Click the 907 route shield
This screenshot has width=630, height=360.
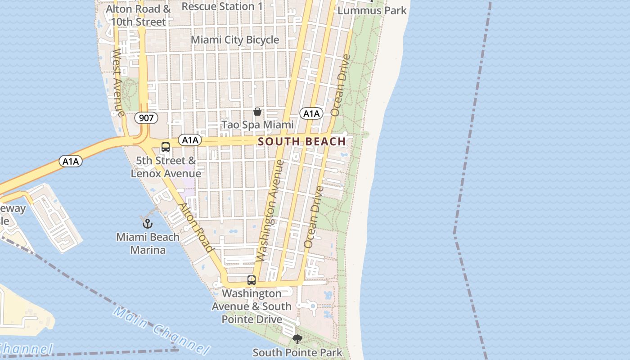click(x=146, y=118)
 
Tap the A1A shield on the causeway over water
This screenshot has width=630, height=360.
click(x=71, y=161)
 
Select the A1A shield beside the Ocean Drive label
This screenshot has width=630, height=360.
click(x=311, y=113)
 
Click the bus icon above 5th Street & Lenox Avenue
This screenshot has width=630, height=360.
click(x=166, y=147)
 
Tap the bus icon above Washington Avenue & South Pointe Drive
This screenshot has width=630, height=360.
click(x=252, y=280)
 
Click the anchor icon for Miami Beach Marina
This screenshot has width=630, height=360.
click(x=147, y=223)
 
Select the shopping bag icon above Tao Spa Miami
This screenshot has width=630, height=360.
click(x=257, y=111)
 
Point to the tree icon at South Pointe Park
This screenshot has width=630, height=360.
click(x=297, y=339)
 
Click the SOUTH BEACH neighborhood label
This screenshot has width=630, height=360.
click(x=302, y=142)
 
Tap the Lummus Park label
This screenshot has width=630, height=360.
click(x=372, y=10)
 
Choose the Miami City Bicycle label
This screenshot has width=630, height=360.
click(x=235, y=40)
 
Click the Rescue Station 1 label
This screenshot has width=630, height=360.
click(x=222, y=6)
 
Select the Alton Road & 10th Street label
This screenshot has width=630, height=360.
click(x=138, y=15)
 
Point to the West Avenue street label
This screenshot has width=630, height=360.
click(x=118, y=83)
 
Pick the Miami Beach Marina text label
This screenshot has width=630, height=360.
click(x=148, y=243)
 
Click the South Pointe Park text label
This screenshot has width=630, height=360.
click(x=297, y=352)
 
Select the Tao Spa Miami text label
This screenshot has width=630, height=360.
click(x=257, y=125)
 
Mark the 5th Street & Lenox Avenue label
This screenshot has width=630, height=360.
click(x=166, y=167)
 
